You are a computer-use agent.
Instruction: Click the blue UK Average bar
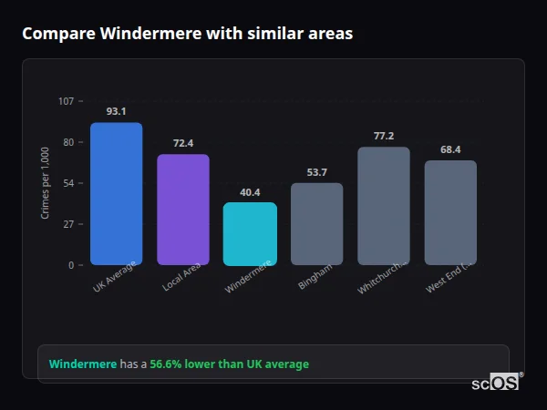point(116,194)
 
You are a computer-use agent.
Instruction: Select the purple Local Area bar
point(182,210)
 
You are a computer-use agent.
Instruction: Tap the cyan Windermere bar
point(250,233)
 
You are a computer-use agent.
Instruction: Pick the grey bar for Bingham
point(316,224)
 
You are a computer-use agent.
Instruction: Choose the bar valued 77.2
point(384,206)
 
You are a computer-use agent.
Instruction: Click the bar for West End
point(450,212)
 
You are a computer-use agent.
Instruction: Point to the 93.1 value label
point(116,111)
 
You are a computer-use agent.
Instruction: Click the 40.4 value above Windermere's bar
point(250,192)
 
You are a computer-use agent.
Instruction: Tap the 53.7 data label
point(316,172)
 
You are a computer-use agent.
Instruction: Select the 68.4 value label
point(450,149)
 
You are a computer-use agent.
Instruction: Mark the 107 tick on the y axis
point(67,101)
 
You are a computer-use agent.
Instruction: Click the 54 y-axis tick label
point(69,183)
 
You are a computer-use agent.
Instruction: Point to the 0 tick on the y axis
point(72,265)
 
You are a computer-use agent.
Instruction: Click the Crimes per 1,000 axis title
point(46,182)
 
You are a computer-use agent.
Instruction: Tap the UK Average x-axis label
point(115,277)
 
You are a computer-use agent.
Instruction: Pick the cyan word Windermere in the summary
point(83,364)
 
